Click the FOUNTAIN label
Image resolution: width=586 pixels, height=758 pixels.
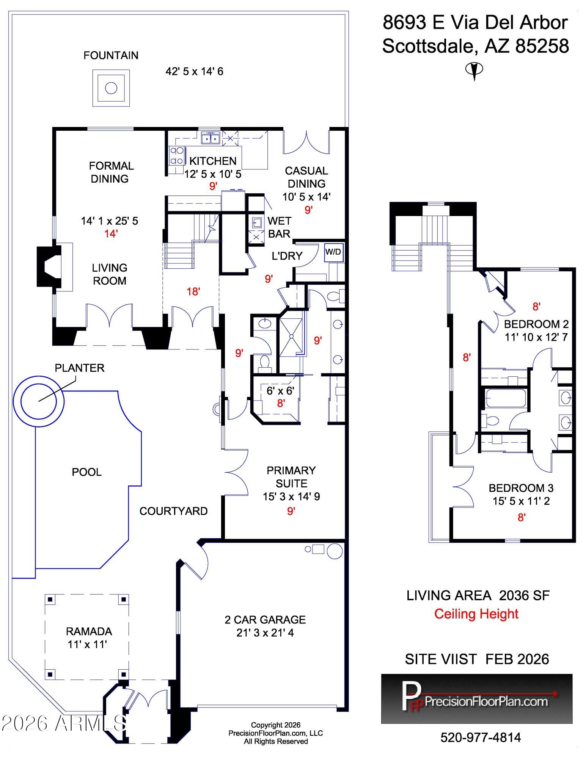click(111, 55)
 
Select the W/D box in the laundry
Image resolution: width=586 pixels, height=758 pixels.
click(334, 252)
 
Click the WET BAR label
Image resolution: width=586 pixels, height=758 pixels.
click(279, 227)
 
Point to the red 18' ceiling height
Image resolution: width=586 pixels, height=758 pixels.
click(193, 291)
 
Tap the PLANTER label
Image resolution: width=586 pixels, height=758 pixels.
click(80, 368)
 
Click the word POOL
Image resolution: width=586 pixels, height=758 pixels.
click(87, 472)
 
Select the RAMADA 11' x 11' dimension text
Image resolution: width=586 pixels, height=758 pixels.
click(87, 644)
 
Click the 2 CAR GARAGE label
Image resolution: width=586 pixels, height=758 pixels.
click(265, 620)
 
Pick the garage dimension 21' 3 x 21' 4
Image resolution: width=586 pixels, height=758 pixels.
click(265, 633)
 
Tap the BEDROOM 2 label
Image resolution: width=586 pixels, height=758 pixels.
click(536, 324)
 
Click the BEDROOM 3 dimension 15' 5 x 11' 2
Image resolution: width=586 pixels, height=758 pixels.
click(521, 501)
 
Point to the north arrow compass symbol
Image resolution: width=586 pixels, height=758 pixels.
click(474, 70)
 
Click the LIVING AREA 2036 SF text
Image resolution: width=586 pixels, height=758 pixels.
click(478, 595)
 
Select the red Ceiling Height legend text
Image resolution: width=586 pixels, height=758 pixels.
click(476, 614)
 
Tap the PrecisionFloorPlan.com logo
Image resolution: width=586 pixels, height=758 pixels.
click(477, 698)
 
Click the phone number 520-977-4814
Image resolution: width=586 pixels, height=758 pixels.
click(481, 738)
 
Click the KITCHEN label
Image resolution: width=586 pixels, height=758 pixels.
click(213, 161)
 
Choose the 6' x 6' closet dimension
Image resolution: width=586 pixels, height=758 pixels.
click(280, 390)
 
